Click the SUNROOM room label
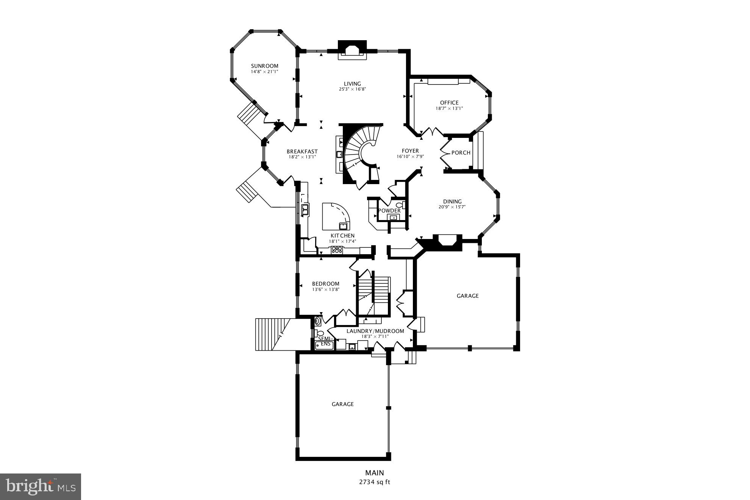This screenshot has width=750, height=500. coord(264,66)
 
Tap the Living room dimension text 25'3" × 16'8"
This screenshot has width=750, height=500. coord(352,89)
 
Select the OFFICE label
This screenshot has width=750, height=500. coord(449,103)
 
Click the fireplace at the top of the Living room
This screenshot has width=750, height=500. coord(352,50)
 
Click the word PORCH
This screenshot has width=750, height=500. coord(461,153)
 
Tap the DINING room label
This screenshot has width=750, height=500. coord(452,202)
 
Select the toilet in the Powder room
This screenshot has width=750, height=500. coord(400,206)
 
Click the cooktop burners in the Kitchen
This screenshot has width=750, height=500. coord(337,250)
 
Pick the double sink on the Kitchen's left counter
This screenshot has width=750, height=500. coord(305,209)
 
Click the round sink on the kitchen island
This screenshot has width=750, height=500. coord(344,226)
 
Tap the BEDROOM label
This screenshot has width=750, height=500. coord(325,284)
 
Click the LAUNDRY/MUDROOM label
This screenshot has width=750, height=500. coord(375,331)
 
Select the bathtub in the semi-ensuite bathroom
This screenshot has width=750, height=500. coord(325,345)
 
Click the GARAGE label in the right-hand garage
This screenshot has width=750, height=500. coord(467,296)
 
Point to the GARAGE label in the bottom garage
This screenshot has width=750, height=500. coord(342,404)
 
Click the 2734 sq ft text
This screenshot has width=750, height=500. coord(374,482)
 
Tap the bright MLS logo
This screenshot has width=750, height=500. coord(41,486)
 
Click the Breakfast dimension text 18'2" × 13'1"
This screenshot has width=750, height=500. coord(302,157)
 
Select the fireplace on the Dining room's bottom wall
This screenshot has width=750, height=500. coord(448,241)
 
